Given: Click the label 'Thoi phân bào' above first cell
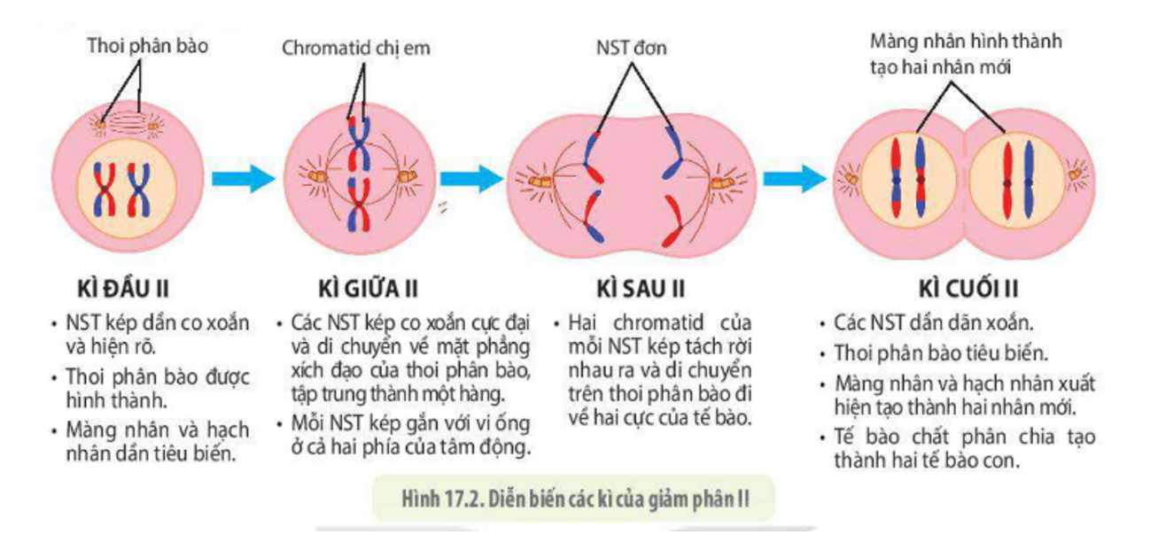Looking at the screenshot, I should tap(147, 45).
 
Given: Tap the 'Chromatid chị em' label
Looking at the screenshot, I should tap(356, 49).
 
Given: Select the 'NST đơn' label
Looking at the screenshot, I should tap(631, 49).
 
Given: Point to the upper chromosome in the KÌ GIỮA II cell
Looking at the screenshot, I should tap(357, 144).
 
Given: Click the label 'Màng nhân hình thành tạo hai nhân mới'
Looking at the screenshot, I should tap(966, 53).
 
